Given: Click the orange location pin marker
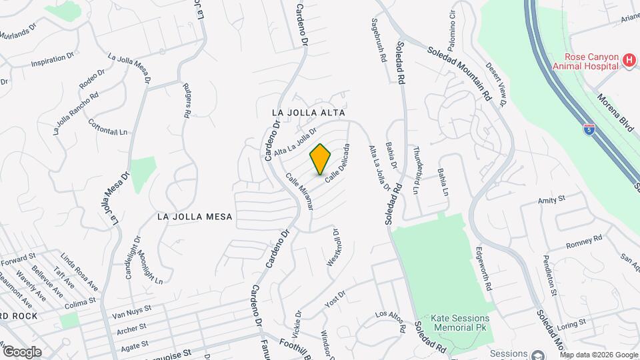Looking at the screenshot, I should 320,159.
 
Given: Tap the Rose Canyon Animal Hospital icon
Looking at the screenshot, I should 627,61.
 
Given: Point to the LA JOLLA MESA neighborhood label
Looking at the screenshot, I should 195,217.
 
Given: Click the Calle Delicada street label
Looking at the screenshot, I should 338,165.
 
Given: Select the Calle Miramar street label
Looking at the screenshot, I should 301,192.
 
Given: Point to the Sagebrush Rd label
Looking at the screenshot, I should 379,40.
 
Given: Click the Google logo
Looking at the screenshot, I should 22,352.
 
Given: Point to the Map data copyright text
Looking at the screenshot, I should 598,355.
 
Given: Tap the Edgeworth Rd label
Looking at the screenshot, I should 483,268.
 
